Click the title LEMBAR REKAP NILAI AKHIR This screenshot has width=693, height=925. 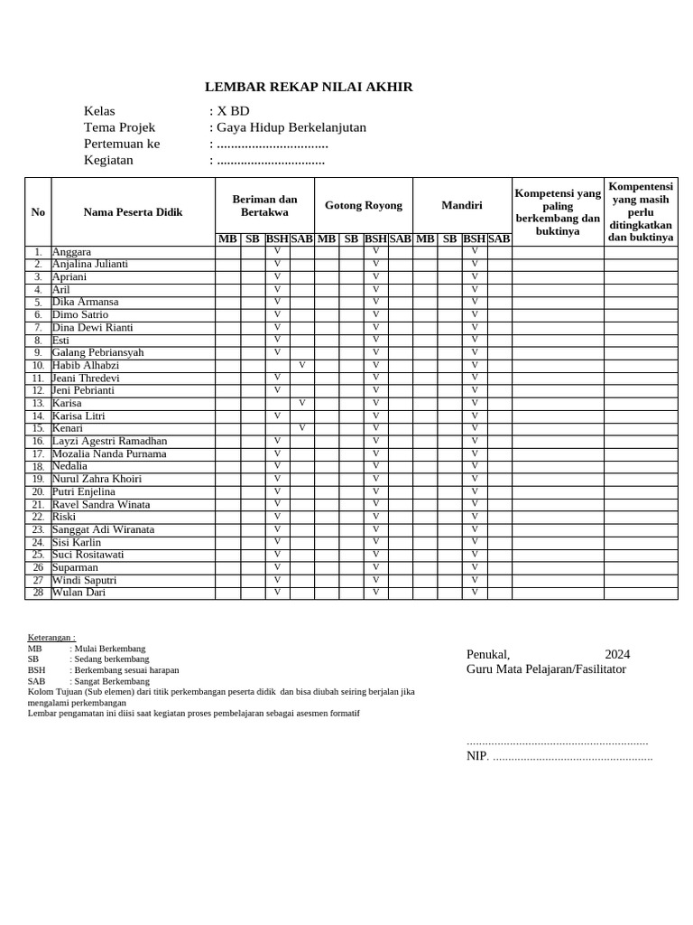click(309, 87)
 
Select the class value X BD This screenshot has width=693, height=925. click(232, 111)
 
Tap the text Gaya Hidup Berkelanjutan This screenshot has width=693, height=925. click(291, 127)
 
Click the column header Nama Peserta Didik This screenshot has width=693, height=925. click(133, 212)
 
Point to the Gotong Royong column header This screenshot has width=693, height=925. click(364, 205)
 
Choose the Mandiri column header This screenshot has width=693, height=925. click(461, 205)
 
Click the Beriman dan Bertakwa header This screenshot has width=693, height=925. click(264, 205)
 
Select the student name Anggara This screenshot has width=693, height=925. click(71, 252)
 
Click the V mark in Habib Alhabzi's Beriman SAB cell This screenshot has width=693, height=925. click(301, 365)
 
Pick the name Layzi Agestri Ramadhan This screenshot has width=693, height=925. click(109, 441)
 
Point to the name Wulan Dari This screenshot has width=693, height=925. click(79, 593)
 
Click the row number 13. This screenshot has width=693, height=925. click(38, 404)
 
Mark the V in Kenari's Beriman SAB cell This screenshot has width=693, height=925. click(301, 428)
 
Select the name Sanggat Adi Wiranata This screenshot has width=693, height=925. click(103, 529)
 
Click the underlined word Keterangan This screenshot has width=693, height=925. click(51, 637)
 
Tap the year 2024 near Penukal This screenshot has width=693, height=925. click(617, 654)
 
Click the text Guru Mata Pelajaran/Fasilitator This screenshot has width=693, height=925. click(546, 669)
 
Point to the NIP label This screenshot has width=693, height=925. click(476, 756)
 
